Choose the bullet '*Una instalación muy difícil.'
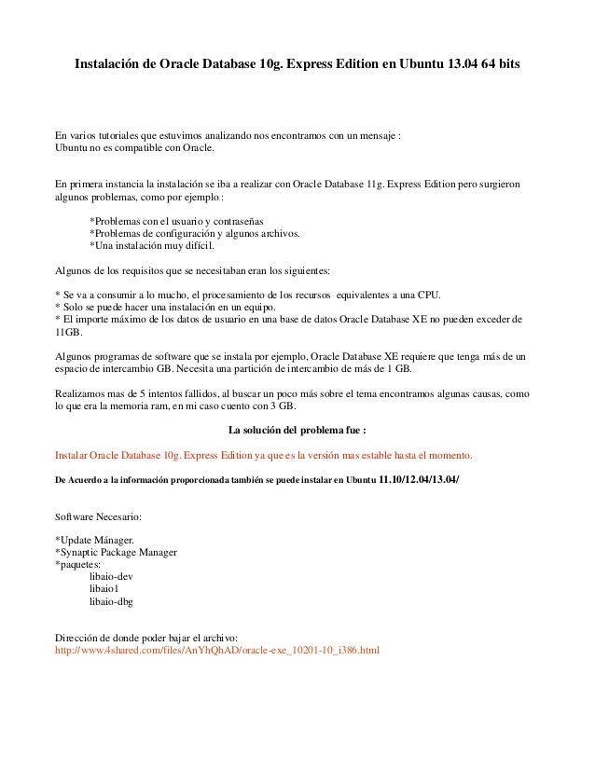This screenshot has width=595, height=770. click(151, 246)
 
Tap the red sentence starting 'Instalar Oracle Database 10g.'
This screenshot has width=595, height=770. click(265, 456)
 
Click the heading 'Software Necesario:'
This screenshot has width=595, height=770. click(100, 515)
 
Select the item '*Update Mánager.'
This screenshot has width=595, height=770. click(95, 540)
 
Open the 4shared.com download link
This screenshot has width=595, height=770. click(218, 649)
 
